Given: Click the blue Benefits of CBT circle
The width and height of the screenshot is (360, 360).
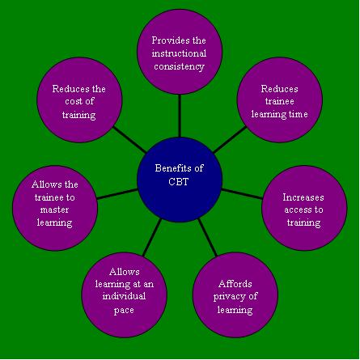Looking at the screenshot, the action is click(x=180, y=180).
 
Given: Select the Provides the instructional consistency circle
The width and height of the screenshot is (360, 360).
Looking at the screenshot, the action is click(x=180, y=52).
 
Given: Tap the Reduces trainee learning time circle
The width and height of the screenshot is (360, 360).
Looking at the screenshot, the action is click(x=280, y=100).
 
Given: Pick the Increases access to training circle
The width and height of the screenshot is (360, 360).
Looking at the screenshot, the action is click(x=304, y=208).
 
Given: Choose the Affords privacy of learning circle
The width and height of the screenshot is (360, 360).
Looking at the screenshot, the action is click(x=235, y=294).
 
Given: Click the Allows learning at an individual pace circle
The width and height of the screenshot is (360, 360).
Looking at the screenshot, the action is click(x=125, y=294).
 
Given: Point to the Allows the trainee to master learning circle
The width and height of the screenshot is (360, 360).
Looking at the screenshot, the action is click(x=55, y=208).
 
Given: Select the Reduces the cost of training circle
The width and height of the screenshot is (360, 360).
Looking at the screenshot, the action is click(x=79, y=100).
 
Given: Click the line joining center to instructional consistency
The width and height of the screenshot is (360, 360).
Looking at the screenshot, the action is click(x=180, y=116).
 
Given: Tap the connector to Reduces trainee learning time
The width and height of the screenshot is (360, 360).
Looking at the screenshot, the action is click(x=230, y=140).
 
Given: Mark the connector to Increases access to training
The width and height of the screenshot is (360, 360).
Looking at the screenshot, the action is click(x=242, y=194).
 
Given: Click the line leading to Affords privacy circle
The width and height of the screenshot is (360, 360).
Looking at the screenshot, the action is click(x=208, y=237).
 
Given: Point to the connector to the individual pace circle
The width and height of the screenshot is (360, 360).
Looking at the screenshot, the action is click(x=152, y=237).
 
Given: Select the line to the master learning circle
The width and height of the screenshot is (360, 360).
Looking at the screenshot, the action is click(x=117, y=194).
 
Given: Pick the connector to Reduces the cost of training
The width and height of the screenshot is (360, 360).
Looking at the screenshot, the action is click(x=129, y=140).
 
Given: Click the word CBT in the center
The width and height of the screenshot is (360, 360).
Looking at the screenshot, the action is click(x=178, y=181).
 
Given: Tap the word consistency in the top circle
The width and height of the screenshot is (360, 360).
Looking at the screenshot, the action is click(x=180, y=66).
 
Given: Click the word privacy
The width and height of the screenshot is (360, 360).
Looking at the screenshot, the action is click(x=229, y=297).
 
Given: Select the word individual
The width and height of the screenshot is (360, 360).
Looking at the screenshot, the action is click(x=124, y=296).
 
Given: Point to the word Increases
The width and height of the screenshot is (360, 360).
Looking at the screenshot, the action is click(x=303, y=197).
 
